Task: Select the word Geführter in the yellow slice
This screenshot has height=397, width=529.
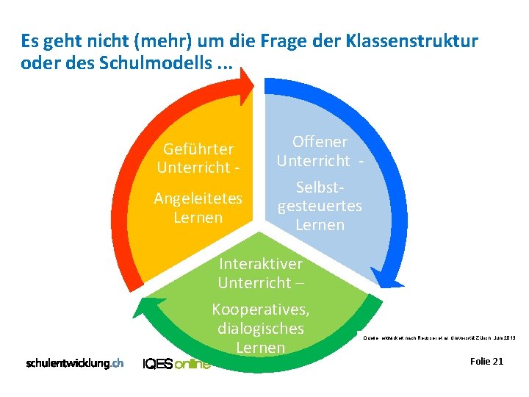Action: coord(198,149)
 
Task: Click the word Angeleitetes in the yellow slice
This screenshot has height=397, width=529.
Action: coord(198,199)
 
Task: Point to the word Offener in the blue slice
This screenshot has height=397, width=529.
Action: coord(320,141)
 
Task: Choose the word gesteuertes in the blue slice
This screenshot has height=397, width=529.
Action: coord(320,205)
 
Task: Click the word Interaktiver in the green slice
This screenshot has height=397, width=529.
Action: coord(260,263)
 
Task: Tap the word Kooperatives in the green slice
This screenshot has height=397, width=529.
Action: coord(260,310)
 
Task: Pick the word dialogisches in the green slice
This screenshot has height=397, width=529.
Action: coord(260,328)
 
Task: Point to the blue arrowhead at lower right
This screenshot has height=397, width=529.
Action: coord(389,277)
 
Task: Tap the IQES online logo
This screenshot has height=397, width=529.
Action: coord(176,363)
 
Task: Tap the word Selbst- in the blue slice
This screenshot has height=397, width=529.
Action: coord(320,187)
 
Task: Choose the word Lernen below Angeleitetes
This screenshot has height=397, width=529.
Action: coord(198,218)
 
